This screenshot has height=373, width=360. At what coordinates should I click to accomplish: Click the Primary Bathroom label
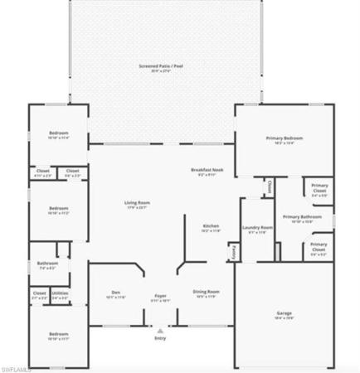[297, 217]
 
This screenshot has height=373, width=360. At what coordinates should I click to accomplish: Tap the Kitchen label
[212, 225]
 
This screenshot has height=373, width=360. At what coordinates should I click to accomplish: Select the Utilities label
[60, 293]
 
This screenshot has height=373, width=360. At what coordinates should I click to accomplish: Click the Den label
[116, 293]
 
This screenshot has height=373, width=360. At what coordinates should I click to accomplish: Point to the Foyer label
[161, 296]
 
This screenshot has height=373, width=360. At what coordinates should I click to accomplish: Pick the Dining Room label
[207, 292]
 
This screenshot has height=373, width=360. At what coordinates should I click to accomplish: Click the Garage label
[284, 313]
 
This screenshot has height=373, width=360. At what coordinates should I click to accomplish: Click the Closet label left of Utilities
[39, 293]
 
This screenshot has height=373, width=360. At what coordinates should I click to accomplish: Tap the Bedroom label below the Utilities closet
[57, 335]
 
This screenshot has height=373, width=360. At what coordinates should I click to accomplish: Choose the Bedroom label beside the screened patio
[57, 133]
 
